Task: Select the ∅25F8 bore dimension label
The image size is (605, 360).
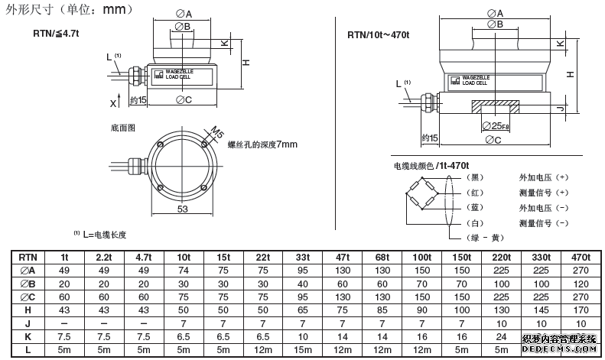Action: click(496, 125)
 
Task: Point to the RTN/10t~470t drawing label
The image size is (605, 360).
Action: click(379, 34)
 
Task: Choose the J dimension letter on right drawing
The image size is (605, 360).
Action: click(560, 111)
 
